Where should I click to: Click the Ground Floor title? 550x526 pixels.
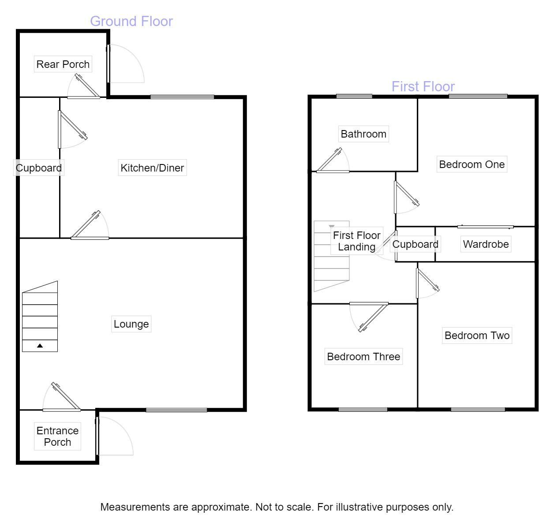point(131,21)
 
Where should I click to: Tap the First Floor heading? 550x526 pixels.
point(423,86)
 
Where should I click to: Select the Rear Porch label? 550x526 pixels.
point(63,64)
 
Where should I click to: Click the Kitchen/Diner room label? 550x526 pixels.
point(152,168)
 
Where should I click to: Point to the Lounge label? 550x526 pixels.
point(131,324)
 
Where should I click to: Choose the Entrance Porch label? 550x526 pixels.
point(57,436)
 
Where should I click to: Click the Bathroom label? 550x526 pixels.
point(363,134)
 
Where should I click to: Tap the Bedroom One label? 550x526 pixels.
point(471,164)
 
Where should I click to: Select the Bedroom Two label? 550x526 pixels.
point(477,336)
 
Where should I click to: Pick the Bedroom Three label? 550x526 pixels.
point(363,357)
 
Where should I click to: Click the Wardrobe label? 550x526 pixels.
point(486,244)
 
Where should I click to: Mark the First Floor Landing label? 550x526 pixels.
point(356,241)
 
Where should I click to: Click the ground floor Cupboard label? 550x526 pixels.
point(39,168)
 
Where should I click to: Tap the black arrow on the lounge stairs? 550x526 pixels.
point(40,346)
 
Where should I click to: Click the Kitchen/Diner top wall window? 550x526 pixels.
point(182,97)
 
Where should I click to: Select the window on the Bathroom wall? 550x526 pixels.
point(354,97)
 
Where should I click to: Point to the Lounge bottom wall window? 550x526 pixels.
point(176,410)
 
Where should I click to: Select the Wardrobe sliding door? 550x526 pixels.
point(485,227)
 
